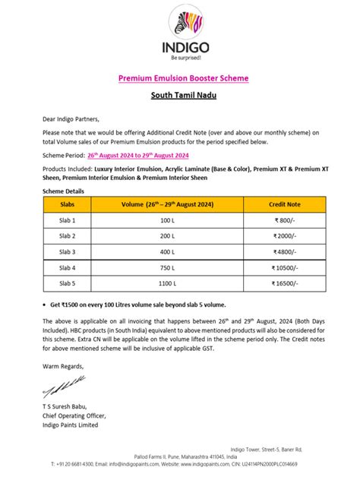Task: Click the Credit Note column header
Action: click(x=286, y=204)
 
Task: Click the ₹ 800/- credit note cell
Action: click(x=286, y=220)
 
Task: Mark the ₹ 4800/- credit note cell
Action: click(x=286, y=251)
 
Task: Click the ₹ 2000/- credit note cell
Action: click(x=286, y=235)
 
